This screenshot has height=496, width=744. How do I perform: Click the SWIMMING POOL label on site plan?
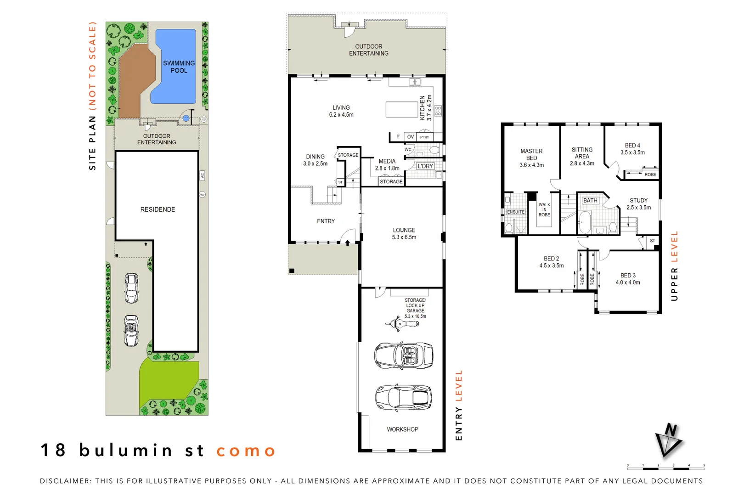click(x=179, y=67)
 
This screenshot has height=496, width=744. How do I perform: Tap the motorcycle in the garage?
click(x=402, y=323)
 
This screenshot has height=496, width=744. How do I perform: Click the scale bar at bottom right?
click(x=665, y=468)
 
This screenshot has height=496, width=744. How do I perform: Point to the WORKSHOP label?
click(x=402, y=429)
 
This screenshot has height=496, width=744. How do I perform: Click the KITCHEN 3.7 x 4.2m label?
click(x=426, y=108)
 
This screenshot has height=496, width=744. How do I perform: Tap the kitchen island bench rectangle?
click(x=401, y=110)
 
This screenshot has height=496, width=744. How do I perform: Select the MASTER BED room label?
click(x=531, y=158)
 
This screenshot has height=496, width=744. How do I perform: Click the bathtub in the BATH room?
click(x=584, y=222)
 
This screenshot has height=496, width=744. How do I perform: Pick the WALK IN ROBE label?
click(x=544, y=210)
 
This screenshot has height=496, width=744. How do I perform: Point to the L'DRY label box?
click(x=425, y=166)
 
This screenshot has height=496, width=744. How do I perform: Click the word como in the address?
click(x=246, y=451)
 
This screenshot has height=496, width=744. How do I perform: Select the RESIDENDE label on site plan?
click(x=158, y=209)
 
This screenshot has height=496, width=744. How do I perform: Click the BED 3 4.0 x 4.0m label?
click(x=628, y=279)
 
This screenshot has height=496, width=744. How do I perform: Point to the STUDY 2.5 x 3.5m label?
click(x=638, y=204)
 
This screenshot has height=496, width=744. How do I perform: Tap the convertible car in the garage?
click(x=404, y=355)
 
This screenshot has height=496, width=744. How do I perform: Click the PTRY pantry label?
click(x=424, y=137)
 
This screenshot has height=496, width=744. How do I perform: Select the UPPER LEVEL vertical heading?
click(x=674, y=266)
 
